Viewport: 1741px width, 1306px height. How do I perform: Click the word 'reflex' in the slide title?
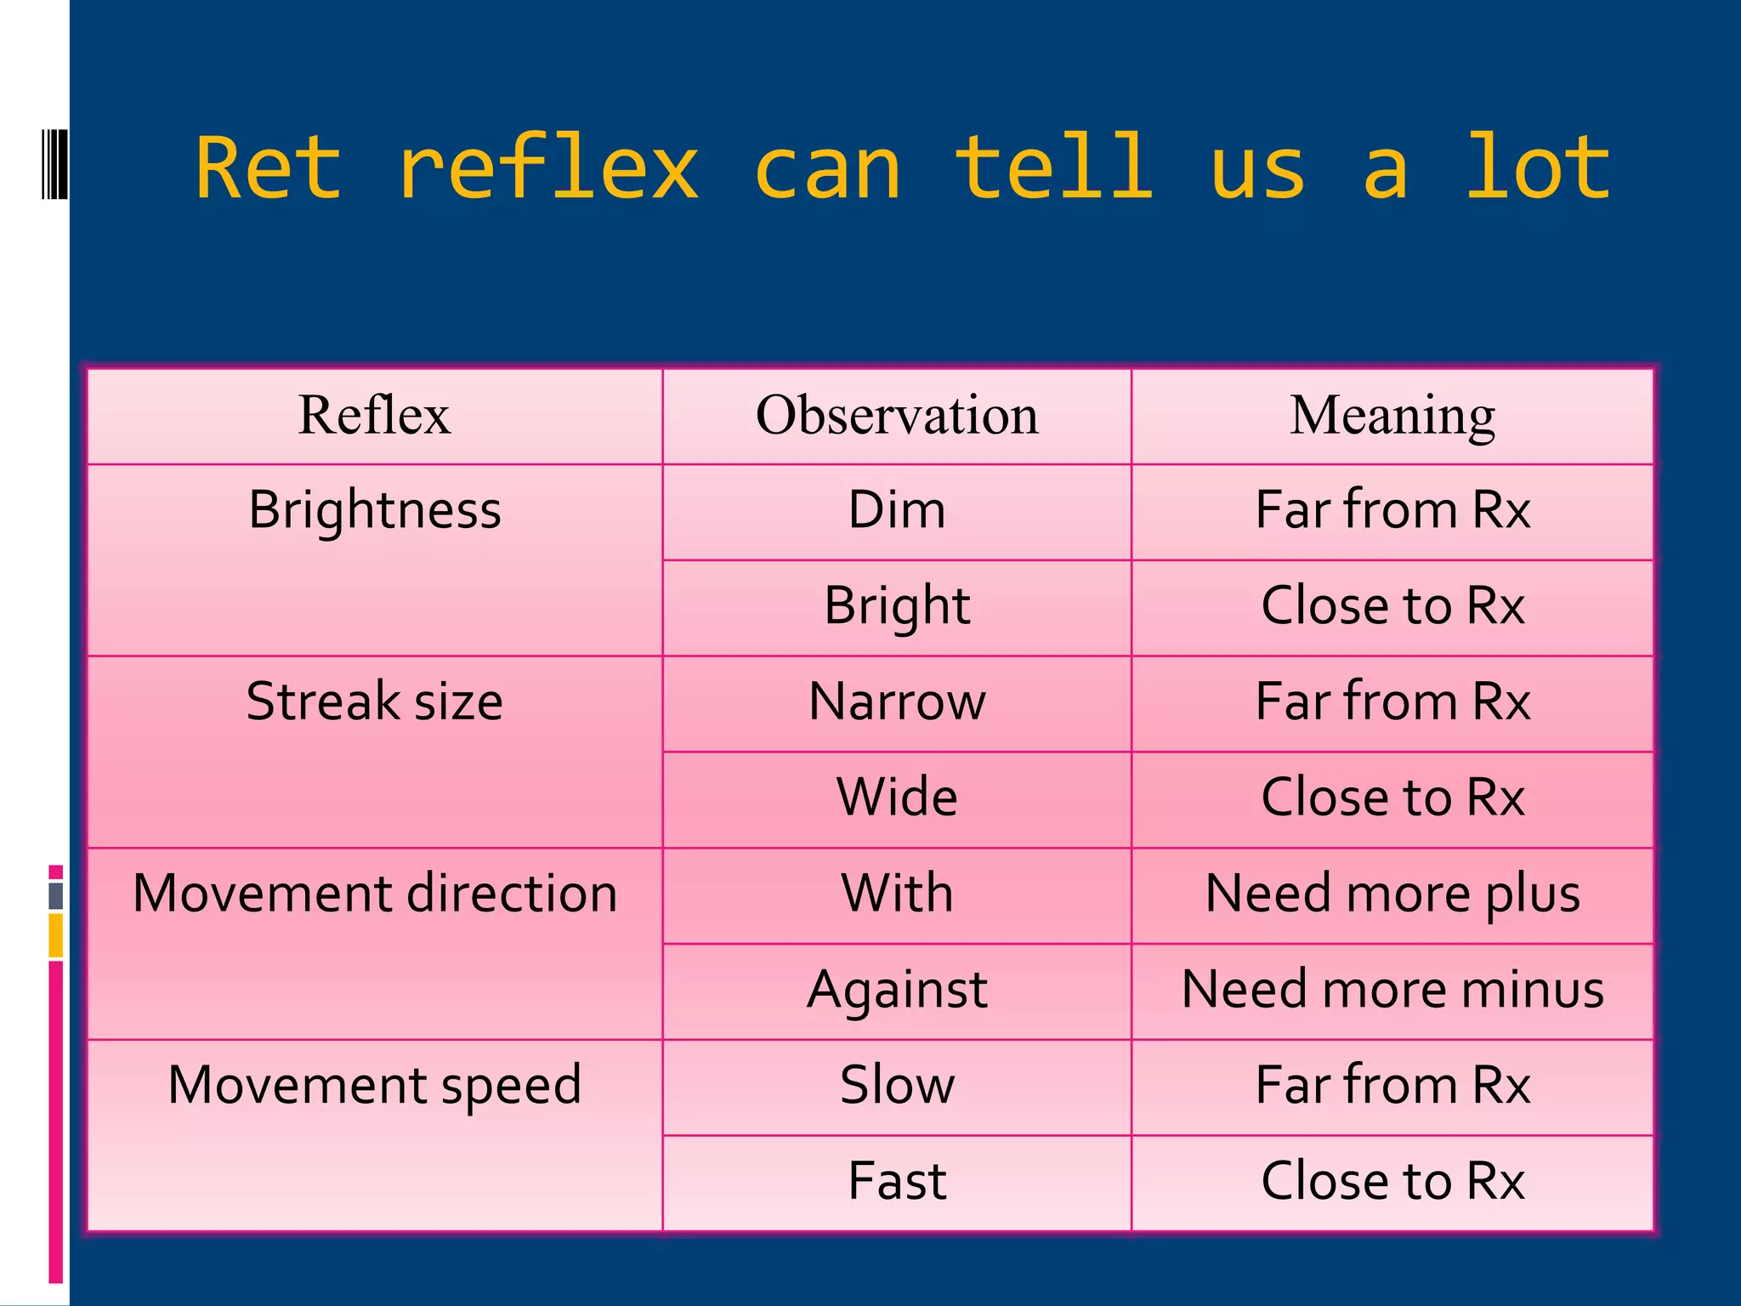[x=548, y=169]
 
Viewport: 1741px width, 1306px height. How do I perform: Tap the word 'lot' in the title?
[x=1537, y=169]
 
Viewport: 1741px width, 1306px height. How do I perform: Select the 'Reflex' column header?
[x=374, y=416]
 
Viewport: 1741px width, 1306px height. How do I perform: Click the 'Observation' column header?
[x=897, y=416]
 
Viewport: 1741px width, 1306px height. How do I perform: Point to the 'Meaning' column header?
[x=1392, y=416]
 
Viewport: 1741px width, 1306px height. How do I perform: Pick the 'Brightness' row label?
[x=375, y=510]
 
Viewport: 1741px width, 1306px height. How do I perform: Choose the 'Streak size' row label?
[x=375, y=701]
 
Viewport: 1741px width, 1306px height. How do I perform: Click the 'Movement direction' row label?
[x=375, y=894]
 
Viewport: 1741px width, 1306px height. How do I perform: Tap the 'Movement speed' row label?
[x=375, y=1085]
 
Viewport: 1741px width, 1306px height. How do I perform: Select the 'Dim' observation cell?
[x=897, y=510]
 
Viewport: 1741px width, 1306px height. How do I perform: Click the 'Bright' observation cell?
[x=897, y=606]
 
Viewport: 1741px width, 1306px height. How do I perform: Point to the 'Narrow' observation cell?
[x=897, y=701]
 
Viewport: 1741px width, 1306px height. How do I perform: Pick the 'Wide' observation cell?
[x=897, y=798]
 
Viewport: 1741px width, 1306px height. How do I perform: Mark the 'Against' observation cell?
[x=897, y=990]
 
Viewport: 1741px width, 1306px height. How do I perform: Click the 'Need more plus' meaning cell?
[x=1392, y=894]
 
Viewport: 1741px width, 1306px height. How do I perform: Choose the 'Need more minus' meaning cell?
[x=1392, y=990]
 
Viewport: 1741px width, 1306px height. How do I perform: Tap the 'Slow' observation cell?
[x=897, y=1085]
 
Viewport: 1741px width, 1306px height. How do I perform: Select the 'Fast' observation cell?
[x=897, y=1181]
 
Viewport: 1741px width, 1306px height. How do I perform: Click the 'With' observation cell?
[x=897, y=894]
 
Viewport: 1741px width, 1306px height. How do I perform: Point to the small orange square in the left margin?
[x=56, y=934]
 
